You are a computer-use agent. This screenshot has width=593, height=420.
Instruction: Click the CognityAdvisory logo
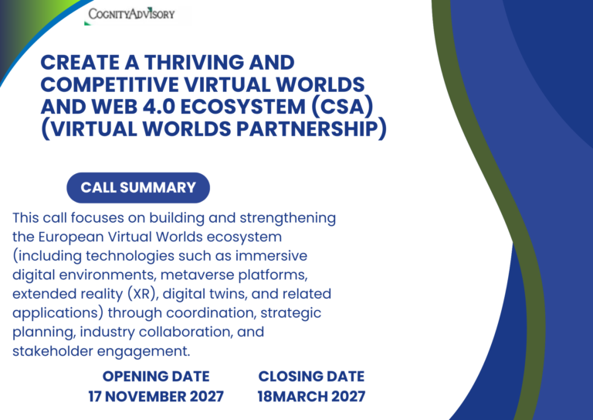131,15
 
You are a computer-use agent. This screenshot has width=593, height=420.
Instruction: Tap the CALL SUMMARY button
138,187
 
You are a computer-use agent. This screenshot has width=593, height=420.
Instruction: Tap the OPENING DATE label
156,377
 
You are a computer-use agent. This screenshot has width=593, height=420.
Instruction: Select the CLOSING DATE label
312,377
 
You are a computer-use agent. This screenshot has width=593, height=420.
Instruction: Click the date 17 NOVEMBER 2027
156,397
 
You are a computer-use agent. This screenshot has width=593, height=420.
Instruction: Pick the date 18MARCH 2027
312,397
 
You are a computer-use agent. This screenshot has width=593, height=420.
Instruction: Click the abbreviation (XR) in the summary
141,294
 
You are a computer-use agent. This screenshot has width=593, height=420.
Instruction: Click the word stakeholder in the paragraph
53,351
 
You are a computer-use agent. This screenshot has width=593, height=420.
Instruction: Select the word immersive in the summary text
271,256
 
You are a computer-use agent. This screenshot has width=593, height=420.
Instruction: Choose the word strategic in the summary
291,313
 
